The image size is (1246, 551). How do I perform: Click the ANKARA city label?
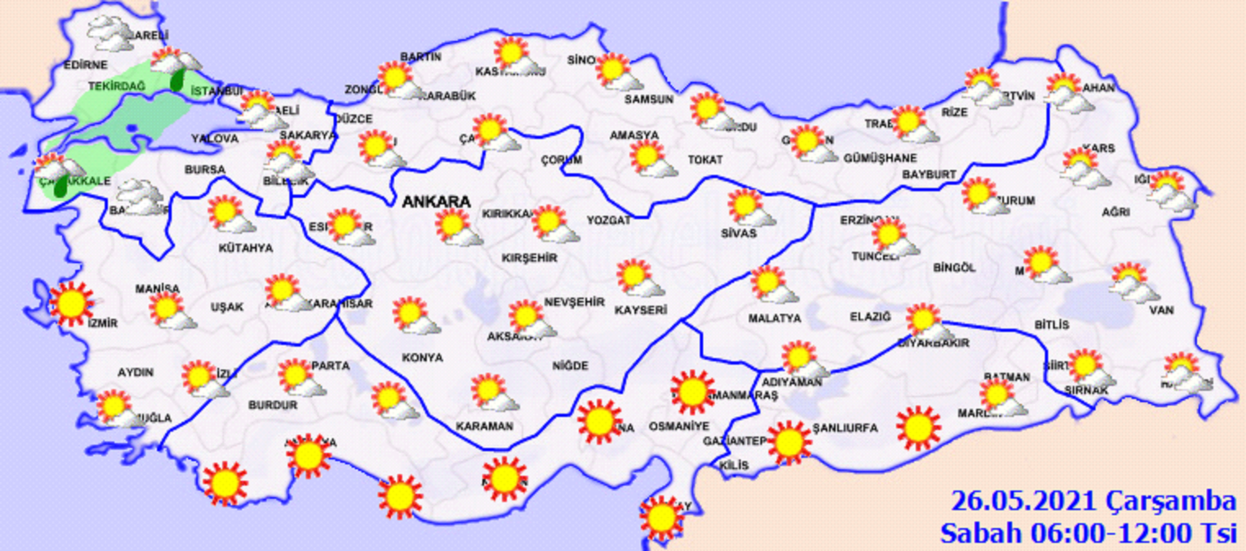point(436,202)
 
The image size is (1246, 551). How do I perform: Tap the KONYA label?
point(422,358)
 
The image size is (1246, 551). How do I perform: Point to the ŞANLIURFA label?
point(845,428)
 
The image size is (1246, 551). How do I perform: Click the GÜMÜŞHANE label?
point(880,158)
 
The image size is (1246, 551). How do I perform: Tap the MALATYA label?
point(774,318)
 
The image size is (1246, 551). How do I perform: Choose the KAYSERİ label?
point(641,309)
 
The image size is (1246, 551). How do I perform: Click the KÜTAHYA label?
point(246,248)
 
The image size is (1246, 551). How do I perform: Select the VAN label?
point(1162,309)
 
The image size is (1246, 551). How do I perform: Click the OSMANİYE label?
point(678,426)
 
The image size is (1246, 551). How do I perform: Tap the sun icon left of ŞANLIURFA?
point(789,442)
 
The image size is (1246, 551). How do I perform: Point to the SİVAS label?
point(738,233)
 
